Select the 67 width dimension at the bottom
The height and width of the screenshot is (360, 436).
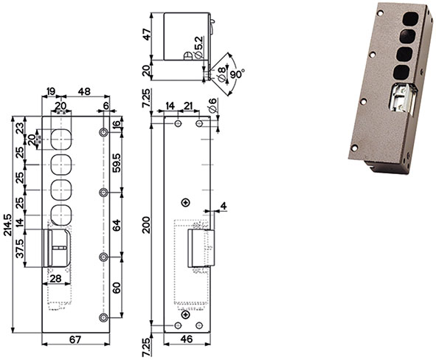pyautogui.click(x=75, y=339)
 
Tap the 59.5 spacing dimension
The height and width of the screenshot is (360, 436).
pyautogui.click(x=117, y=162)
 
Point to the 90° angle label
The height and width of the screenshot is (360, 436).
pyautogui.click(x=238, y=74)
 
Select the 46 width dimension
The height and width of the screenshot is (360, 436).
pyautogui.click(x=187, y=339)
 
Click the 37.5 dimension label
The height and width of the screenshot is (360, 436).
pyautogui.click(x=20, y=249)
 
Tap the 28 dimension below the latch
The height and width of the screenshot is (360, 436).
pyautogui.click(x=55, y=278)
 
